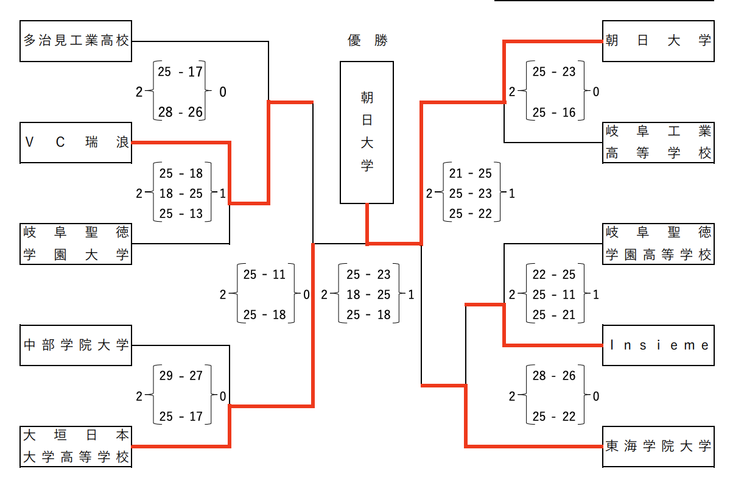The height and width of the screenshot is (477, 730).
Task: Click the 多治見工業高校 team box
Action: click(x=76, y=41)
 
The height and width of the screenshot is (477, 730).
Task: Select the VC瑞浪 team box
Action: click(x=76, y=143)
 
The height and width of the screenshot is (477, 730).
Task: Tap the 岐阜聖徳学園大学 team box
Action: click(x=76, y=244)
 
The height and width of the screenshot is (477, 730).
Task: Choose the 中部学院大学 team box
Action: click(x=76, y=345)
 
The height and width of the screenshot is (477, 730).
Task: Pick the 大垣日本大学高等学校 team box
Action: click(x=76, y=447)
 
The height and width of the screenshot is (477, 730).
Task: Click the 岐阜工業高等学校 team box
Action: click(x=658, y=143)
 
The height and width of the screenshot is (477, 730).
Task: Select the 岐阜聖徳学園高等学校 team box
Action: click(x=658, y=244)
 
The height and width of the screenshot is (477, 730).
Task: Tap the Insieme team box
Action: click(x=658, y=345)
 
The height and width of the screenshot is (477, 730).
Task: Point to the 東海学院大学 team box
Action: click(x=658, y=447)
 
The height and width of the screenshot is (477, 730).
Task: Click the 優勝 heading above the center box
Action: click(x=367, y=41)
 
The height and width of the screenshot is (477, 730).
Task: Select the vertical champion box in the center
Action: click(x=367, y=132)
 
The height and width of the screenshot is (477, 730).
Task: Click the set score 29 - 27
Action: click(x=181, y=376)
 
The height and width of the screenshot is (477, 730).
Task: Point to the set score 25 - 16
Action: click(x=554, y=113)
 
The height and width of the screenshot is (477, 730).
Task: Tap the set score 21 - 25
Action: click(x=470, y=174)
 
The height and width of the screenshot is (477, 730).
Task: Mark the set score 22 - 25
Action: click(x=554, y=275)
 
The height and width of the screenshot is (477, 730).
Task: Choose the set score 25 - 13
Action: click(x=181, y=214)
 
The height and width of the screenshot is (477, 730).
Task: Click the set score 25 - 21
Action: click(x=554, y=315)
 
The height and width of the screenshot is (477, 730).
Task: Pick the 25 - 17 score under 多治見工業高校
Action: click(x=180, y=72)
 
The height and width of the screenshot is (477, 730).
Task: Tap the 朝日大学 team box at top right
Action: click(x=658, y=41)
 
